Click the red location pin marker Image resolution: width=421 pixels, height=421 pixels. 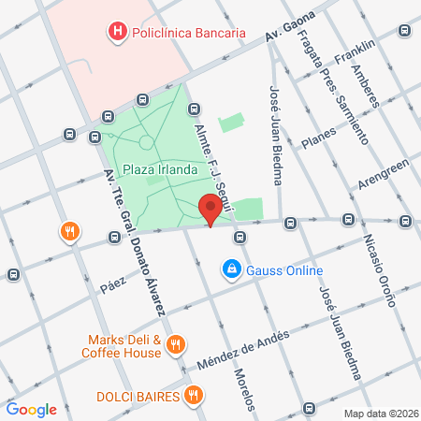click(211, 210)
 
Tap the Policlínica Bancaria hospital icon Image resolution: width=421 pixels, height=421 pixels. click(118, 33)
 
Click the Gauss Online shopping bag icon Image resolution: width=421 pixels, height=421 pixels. click(230, 271)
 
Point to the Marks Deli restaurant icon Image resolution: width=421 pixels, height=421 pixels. click(175, 347)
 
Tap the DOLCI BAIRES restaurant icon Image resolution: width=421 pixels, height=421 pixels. click(192, 396)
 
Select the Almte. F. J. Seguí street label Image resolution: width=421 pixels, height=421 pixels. click(211, 159)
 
